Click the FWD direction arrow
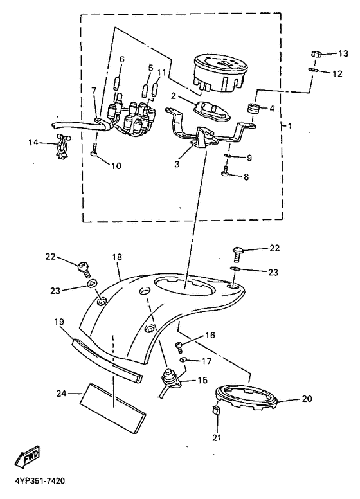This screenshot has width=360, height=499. pyautogui.click(x=28, y=456)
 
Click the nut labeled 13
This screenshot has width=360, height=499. pyautogui.click(x=316, y=55)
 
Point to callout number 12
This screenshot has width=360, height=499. pyautogui.click(x=337, y=73)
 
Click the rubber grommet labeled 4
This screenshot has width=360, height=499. pyautogui.click(x=254, y=109)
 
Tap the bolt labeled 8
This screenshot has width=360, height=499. pyautogui.click(x=226, y=170)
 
